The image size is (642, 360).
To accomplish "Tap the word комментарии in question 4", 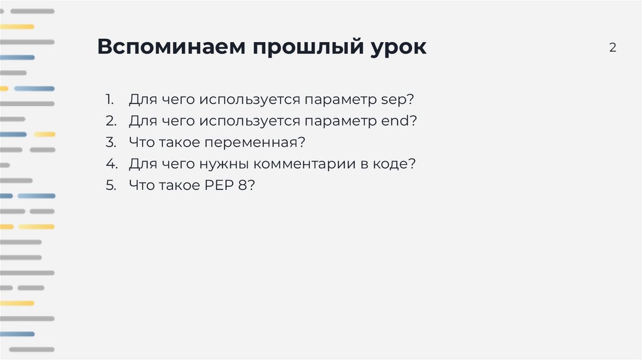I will pyautogui.click(x=325, y=164).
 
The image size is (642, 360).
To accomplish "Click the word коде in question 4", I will pyautogui.click(x=401, y=164).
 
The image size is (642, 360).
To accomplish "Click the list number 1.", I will pyautogui.click(x=109, y=100).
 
